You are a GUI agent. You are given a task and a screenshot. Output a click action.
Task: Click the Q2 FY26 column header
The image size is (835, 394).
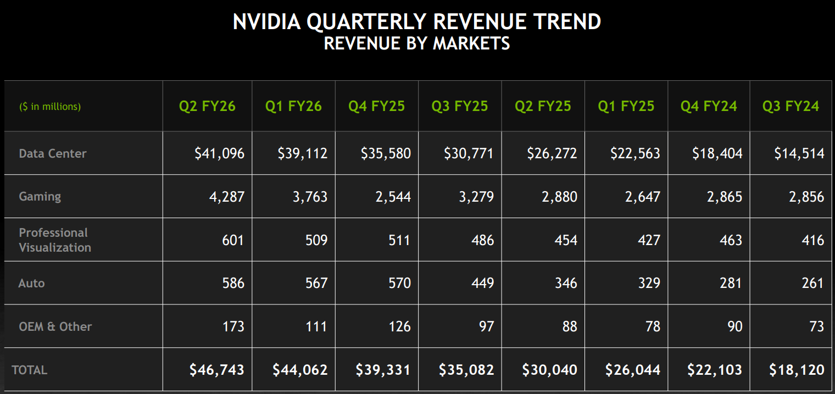207,106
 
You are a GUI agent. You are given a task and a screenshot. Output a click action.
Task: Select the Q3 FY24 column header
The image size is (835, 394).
791,106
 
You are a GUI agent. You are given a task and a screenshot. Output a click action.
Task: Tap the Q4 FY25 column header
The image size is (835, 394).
376,106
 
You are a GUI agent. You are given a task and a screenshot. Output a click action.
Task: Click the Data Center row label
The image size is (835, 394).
53,153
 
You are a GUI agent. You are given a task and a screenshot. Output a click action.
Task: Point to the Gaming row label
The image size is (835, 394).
40,196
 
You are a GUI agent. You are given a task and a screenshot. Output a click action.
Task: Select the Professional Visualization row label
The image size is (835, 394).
55,240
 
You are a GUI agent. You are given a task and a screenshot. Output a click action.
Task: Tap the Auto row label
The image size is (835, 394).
31,283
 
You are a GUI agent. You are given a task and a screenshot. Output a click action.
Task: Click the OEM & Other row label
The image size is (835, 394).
55,326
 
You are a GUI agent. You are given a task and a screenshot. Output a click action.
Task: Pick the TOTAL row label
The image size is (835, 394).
30,370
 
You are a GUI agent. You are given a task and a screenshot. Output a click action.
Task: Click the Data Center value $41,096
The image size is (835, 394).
219,153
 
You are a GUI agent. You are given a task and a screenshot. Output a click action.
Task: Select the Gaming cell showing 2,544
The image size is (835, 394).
393,197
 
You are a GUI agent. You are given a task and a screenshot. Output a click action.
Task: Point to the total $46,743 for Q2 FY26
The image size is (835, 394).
217,370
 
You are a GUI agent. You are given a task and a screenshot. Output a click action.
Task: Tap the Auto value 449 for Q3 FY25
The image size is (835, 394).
482,283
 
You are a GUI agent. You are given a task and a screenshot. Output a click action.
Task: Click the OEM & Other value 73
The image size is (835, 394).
816,326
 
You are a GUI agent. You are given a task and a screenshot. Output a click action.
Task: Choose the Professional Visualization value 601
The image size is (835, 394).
233,240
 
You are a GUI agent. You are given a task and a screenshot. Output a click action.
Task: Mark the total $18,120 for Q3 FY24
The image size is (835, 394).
797,370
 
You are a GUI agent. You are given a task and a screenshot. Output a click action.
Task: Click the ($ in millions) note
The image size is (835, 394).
50,107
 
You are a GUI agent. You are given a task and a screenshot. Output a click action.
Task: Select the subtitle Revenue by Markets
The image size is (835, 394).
417,43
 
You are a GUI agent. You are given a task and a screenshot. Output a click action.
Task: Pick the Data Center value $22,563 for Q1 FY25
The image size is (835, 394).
635,153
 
